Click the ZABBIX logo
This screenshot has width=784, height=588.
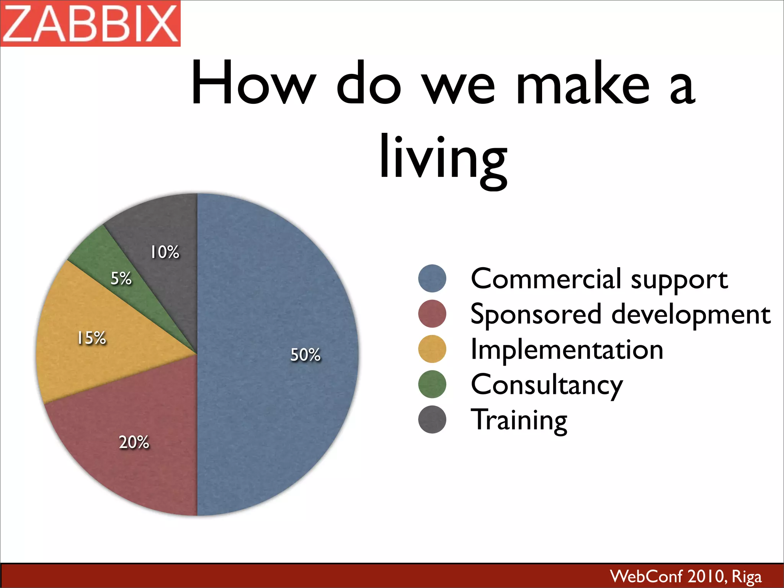click(x=90, y=23)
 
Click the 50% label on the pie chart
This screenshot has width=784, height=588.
click(x=305, y=355)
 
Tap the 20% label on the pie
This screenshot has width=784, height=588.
click(x=134, y=442)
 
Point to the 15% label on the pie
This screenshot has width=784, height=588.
click(x=91, y=338)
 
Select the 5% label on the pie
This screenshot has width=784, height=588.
click(x=121, y=278)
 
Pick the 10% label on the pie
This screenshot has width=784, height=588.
click(x=165, y=252)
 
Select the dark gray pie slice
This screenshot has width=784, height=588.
click(x=168, y=222)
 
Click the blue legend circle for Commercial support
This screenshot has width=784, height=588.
click(x=432, y=278)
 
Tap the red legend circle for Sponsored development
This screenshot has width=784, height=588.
click(x=432, y=314)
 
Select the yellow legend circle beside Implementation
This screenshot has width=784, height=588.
click(x=432, y=349)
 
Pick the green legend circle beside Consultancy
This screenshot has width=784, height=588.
click(x=432, y=384)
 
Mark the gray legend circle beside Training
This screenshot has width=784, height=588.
click(x=432, y=420)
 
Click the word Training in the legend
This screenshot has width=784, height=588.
click(x=519, y=420)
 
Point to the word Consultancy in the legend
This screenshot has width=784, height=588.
click(x=547, y=385)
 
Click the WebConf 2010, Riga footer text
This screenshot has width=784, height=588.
click(x=686, y=576)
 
